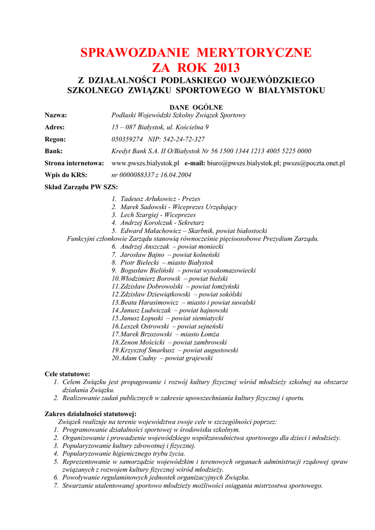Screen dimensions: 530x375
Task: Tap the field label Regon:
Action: pyautogui.click(x=55, y=139)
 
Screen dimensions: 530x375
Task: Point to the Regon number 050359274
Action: pyautogui.click(x=127, y=139)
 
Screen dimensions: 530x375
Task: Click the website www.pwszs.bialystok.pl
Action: pyautogui.click(x=145, y=163)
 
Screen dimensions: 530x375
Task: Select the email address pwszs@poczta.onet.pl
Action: pyautogui.click(x=314, y=163)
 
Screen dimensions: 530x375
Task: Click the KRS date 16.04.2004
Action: pyautogui.click(x=175, y=175)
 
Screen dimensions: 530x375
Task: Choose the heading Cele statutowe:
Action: pyautogui.click(x=67, y=374)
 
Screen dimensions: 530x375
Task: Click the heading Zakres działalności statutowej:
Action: pyautogui.click(x=91, y=414)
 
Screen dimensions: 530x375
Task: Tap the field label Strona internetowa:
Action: pyautogui.click(x=74, y=163)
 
